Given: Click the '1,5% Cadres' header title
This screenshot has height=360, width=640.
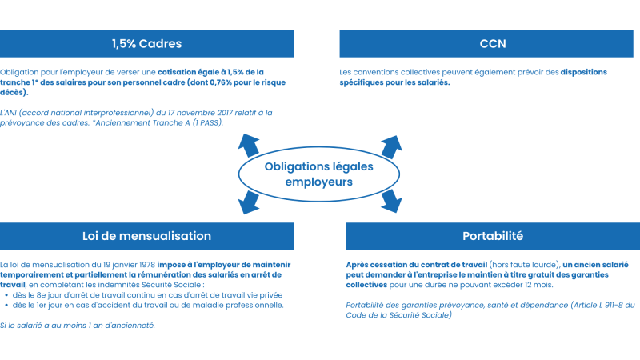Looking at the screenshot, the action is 146,44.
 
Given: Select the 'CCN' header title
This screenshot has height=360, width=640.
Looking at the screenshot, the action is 493,44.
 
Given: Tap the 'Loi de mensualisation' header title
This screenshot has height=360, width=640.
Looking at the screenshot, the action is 146,236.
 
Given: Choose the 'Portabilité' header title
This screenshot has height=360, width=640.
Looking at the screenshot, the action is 493,236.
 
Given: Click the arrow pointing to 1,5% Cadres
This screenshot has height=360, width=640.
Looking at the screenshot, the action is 249,145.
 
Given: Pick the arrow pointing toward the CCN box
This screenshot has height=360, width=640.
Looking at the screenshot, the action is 391,147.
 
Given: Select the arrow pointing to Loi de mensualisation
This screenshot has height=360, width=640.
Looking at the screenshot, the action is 249,202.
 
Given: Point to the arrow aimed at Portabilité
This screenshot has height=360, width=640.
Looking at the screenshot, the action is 391,201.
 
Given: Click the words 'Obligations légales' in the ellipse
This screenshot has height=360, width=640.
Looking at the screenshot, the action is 318,167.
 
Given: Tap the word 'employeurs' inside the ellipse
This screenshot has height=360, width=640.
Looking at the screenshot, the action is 318,182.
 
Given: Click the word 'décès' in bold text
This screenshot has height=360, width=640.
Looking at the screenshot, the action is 12,92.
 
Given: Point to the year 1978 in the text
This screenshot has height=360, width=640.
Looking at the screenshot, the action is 147,265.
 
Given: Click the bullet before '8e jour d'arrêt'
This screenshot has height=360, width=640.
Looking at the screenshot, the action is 6,295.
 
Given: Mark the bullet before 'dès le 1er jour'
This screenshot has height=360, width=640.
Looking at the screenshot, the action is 6,306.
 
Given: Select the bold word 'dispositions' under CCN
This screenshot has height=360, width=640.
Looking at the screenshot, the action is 584,72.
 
